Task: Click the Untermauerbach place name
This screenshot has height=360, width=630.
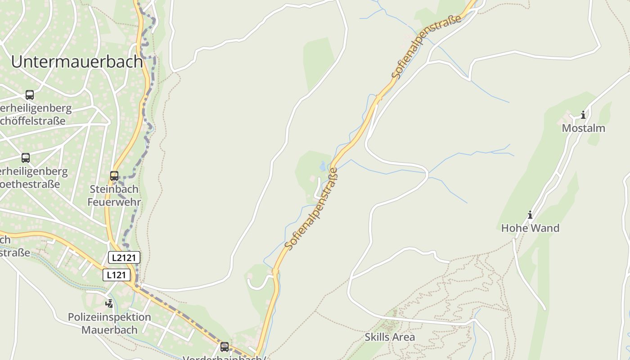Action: click(x=77, y=62)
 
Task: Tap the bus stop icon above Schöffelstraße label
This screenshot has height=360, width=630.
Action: click(x=30, y=95)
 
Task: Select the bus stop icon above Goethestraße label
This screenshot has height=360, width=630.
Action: click(x=26, y=158)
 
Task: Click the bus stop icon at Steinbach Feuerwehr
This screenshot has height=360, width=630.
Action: click(x=114, y=176)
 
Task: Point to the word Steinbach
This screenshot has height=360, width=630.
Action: click(x=114, y=189)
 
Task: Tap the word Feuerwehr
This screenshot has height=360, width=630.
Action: click(x=114, y=202)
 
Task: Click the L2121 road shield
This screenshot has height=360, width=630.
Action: click(x=124, y=257)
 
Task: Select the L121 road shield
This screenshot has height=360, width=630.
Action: click(x=117, y=275)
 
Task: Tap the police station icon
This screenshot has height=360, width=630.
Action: click(x=109, y=304)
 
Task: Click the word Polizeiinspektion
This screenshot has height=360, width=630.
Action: click(x=109, y=317)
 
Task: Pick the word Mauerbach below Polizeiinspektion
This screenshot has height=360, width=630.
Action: click(x=109, y=330)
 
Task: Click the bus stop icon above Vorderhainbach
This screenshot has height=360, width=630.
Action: click(x=224, y=347)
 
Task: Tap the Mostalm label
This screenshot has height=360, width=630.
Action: click(x=583, y=128)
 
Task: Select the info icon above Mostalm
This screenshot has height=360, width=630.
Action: click(x=583, y=115)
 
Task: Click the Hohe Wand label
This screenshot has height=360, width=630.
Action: click(x=530, y=228)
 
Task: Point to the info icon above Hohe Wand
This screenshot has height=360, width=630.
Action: click(x=530, y=215)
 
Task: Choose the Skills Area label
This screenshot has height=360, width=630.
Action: click(x=390, y=337)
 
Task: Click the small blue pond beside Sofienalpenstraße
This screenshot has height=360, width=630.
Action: click(x=323, y=167)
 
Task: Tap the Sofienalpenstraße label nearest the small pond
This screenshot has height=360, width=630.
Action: click(x=311, y=209)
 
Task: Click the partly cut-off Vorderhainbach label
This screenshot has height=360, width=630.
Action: click(x=224, y=358)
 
